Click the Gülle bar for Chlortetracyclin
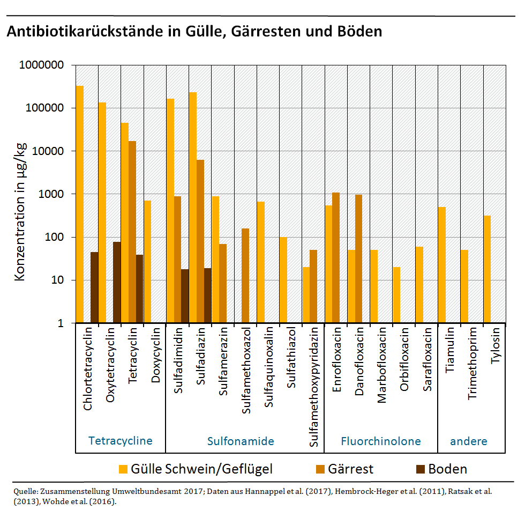click(x=79, y=204)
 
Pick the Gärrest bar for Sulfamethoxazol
click(x=246, y=276)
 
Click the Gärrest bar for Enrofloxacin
click(x=336, y=257)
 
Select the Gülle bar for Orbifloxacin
click(x=396, y=295)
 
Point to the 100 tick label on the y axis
click(x=55, y=238)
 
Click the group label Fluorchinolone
click(x=381, y=441)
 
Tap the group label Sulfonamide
click(x=241, y=441)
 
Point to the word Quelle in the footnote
click(x=25, y=491)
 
